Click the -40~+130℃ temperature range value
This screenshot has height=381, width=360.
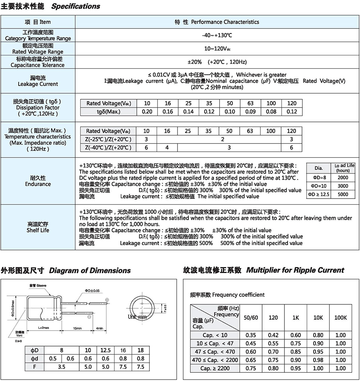pos(217,35)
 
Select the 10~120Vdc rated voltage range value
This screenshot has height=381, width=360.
pos(217,49)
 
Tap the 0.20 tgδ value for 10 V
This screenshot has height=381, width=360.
pos(147,112)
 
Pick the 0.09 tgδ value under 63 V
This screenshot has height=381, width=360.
pos(251,112)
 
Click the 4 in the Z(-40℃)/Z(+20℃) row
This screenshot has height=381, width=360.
pos(167,148)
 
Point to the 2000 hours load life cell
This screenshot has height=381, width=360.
pos(343,178)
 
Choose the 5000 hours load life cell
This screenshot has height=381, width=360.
pos(343,194)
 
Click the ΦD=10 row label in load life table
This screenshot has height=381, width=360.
pos(319,186)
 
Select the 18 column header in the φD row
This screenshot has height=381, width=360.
pos(140,350)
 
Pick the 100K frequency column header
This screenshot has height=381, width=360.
pos(340,318)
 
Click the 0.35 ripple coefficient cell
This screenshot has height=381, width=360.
pos(251,335)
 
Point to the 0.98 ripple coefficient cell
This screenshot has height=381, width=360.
pos(318,360)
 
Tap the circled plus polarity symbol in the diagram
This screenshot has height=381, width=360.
pos(107,300)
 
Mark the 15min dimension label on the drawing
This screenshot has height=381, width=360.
pos(77,328)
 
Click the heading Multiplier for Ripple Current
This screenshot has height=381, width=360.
pos(295,270)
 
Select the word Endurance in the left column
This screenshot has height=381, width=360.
pos(38,184)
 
